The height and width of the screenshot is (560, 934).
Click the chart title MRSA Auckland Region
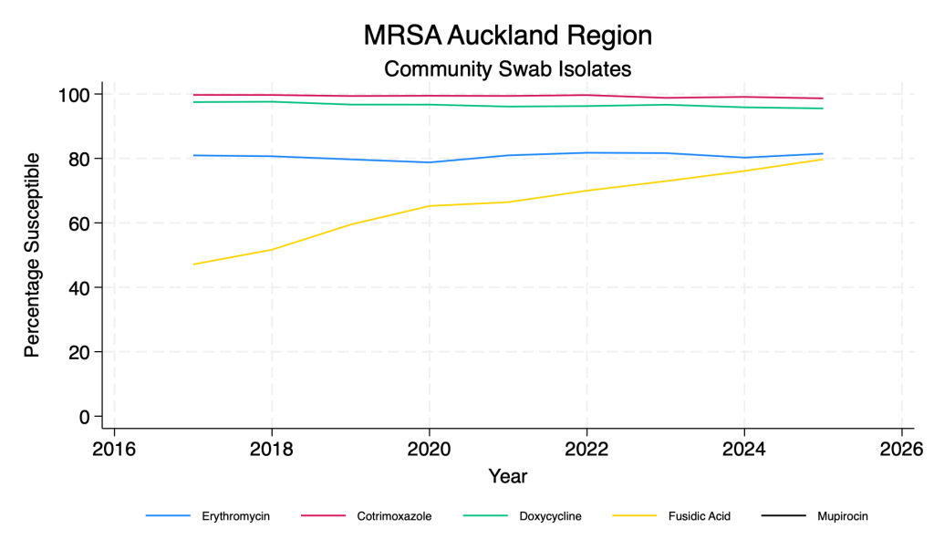click(x=508, y=36)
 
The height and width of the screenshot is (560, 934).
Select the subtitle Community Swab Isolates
click(x=508, y=68)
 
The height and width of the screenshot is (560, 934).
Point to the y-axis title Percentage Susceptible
click(x=32, y=255)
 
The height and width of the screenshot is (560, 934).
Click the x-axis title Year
click(x=508, y=476)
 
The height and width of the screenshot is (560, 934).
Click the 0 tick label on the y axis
click(x=85, y=417)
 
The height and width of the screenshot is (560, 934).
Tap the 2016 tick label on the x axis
click(x=114, y=448)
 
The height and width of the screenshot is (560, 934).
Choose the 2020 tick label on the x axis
click(x=429, y=448)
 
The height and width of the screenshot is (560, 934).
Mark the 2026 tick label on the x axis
click(x=901, y=448)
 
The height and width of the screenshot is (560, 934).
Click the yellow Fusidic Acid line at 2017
click(x=193, y=264)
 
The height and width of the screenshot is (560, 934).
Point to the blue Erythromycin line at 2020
click(x=429, y=162)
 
